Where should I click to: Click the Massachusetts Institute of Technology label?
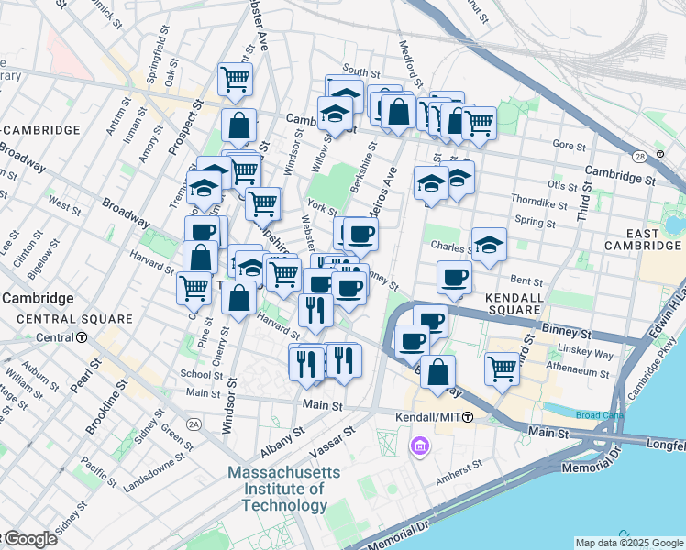click(x=284, y=488)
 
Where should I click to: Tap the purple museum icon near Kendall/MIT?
click(x=420, y=446)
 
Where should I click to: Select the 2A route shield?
click(x=193, y=423)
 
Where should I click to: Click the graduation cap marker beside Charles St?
click(x=490, y=245)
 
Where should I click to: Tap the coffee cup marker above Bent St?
click(x=453, y=277)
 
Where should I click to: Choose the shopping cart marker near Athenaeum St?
click(x=503, y=368)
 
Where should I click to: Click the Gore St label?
click(x=569, y=145)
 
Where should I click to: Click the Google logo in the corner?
click(x=29, y=539)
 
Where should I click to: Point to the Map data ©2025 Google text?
click(x=627, y=543)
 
